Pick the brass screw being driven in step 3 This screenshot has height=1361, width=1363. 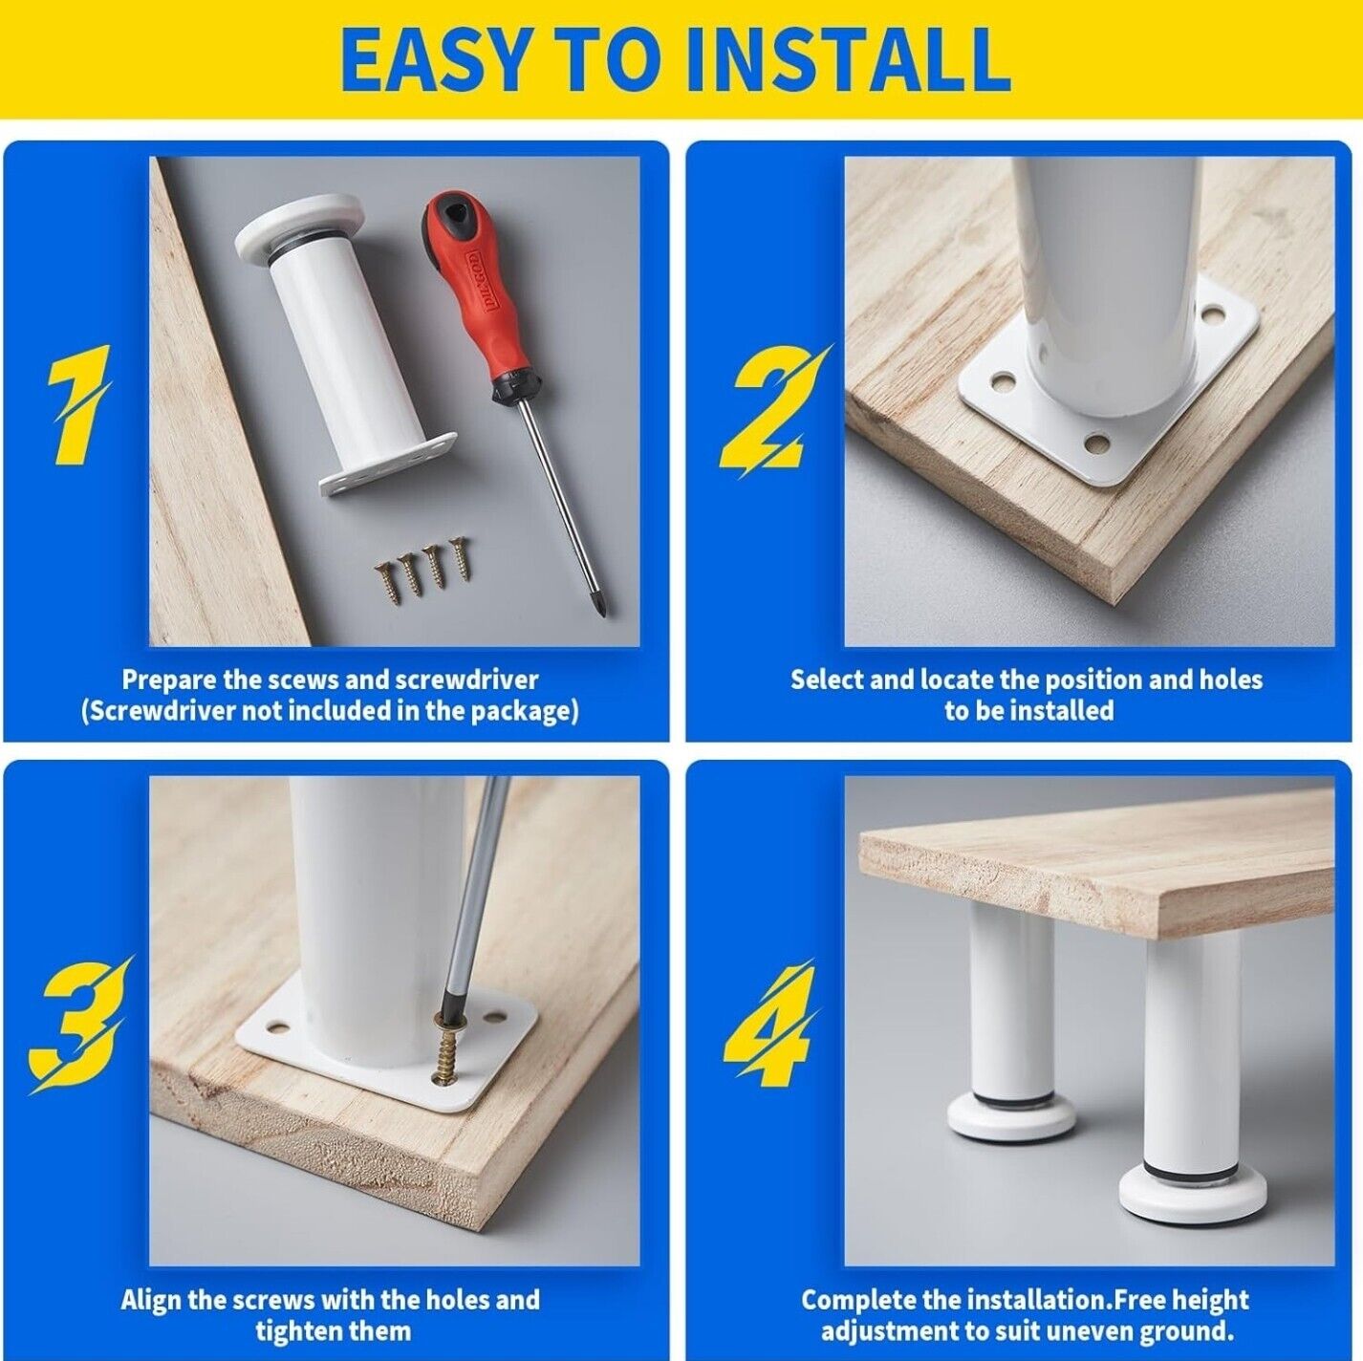[449, 1057]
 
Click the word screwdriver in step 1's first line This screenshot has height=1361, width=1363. [466, 680]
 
